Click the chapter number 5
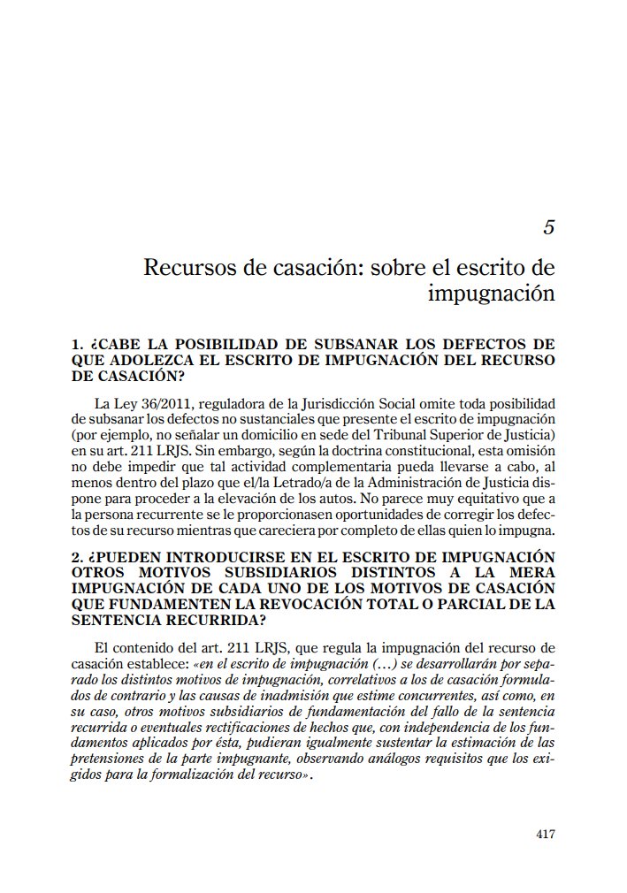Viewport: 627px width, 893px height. [548, 227]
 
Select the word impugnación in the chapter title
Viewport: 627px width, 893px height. [491, 292]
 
